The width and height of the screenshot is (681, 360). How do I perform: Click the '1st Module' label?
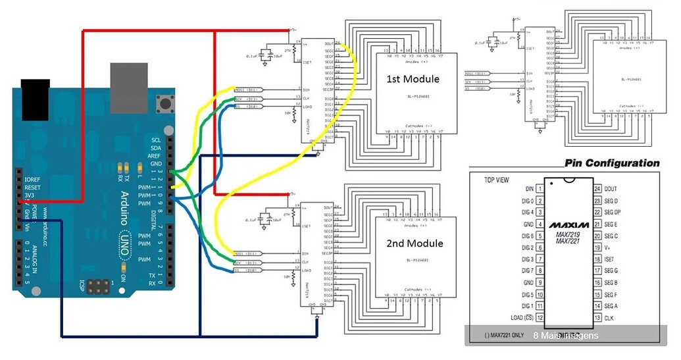pyautogui.click(x=413, y=79)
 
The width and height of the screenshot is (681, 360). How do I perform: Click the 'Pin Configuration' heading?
pyautogui.click(x=612, y=163)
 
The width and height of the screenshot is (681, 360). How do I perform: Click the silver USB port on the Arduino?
pyautogui.click(x=129, y=88)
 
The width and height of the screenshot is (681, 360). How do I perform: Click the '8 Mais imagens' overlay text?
pyautogui.click(x=566, y=336)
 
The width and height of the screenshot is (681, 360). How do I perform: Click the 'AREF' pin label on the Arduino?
pyautogui.click(x=156, y=155)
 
